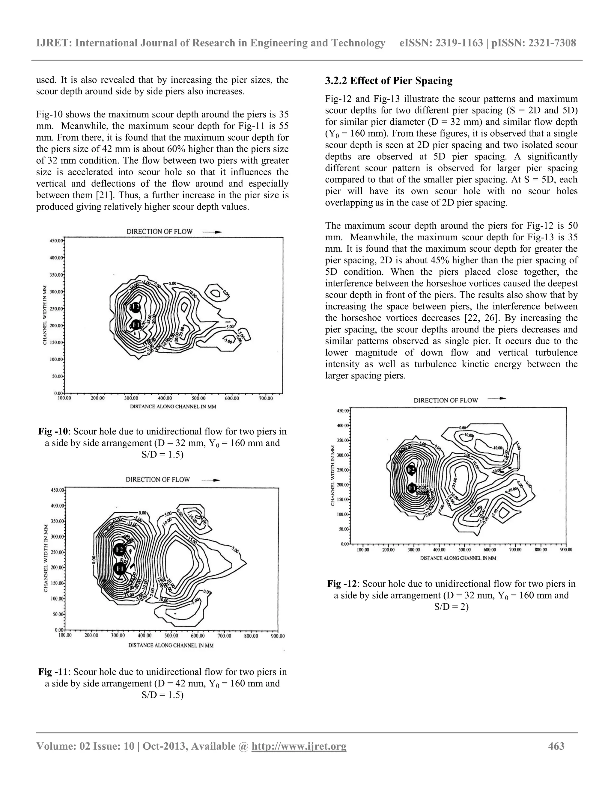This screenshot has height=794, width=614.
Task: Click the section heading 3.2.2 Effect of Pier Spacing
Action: (x=389, y=81)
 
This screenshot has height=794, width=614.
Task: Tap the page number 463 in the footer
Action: (x=556, y=746)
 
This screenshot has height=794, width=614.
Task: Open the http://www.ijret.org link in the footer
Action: (x=299, y=746)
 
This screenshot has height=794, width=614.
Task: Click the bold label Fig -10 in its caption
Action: (x=53, y=431)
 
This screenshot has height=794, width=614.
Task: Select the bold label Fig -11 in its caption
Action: (x=53, y=671)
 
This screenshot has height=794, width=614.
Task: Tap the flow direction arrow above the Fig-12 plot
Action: (x=496, y=398)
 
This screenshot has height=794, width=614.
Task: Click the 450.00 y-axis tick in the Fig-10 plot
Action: (x=56, y=240)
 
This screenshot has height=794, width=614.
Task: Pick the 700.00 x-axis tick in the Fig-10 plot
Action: (x=266, y=398)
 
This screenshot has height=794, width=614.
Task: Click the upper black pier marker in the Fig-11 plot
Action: (x=119, y=549)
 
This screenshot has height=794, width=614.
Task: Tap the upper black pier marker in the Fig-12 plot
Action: (x=411, y=470)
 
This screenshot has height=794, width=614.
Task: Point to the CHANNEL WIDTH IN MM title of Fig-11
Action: (x=46, y=558)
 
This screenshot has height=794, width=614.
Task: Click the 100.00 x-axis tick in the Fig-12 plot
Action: (x=363, y=550)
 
